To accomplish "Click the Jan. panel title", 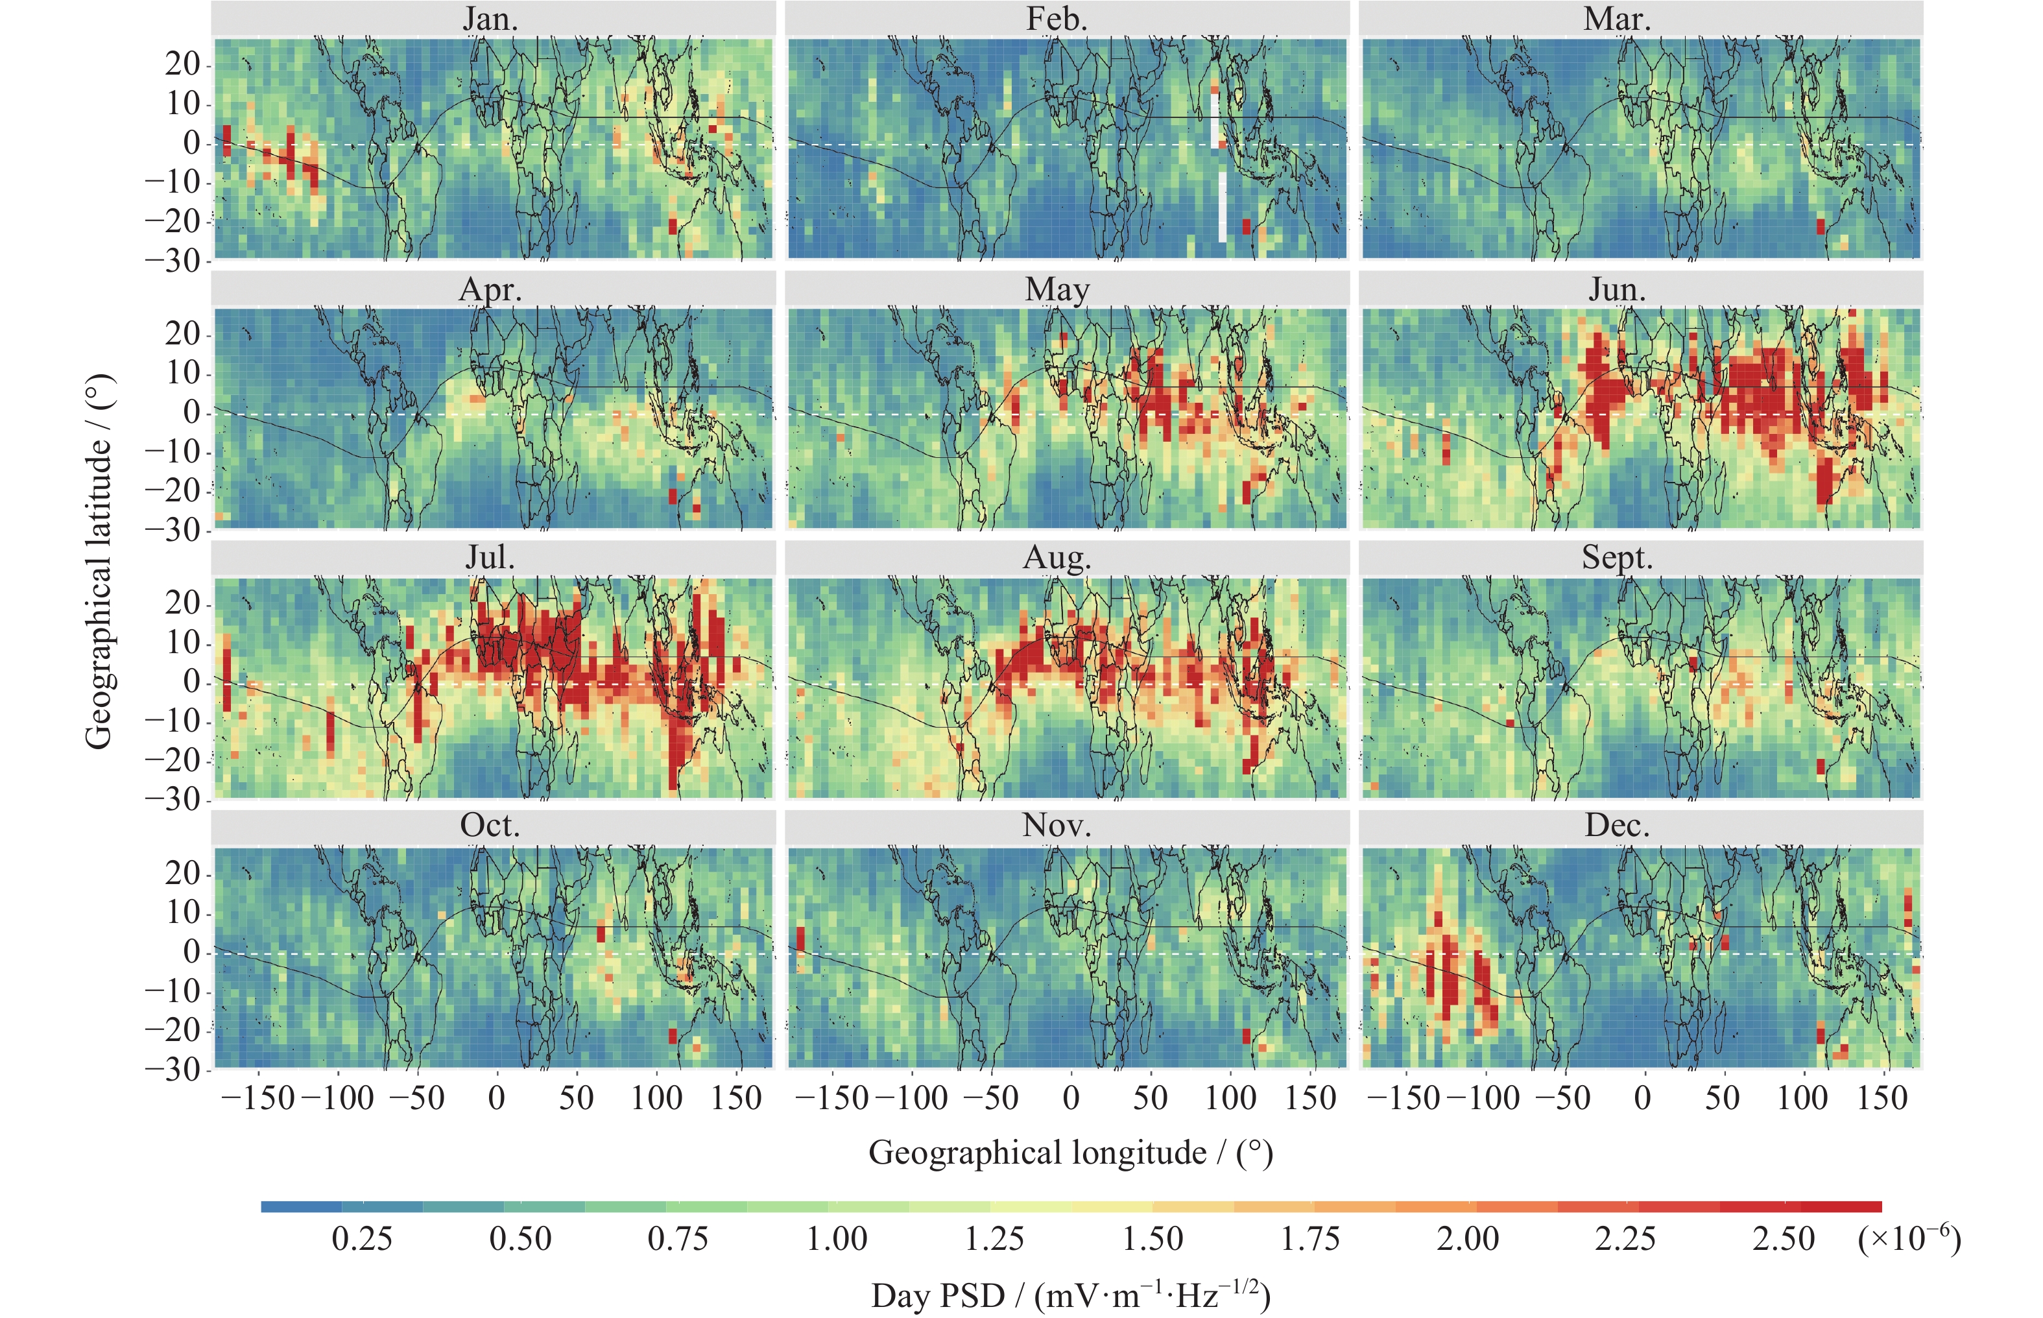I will coord(491,19).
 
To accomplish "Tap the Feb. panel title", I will coord(1057,19).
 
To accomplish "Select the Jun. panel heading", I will coord(1617,289).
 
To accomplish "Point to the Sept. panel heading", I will coord(1617,558).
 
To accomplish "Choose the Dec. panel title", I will coord(1617,826).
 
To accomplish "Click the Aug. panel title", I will coord(1057,558).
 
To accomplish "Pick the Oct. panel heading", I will coord(490,826).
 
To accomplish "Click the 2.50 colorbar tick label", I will coord(1784,1238).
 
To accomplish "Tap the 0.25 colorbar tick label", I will coord(362,1238).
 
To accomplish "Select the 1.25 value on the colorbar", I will coord(994,1238).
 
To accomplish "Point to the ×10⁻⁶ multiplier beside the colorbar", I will coord(1909,1238).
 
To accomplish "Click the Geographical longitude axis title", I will coord(1070,1153).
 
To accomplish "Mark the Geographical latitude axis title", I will coord(99,560).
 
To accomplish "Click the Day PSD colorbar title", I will coord(1070,1295).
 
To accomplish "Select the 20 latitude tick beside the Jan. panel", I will coord(182,64).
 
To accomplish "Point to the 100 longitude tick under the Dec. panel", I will coord(1802,1098).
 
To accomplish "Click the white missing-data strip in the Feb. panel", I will coord(1222,206).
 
